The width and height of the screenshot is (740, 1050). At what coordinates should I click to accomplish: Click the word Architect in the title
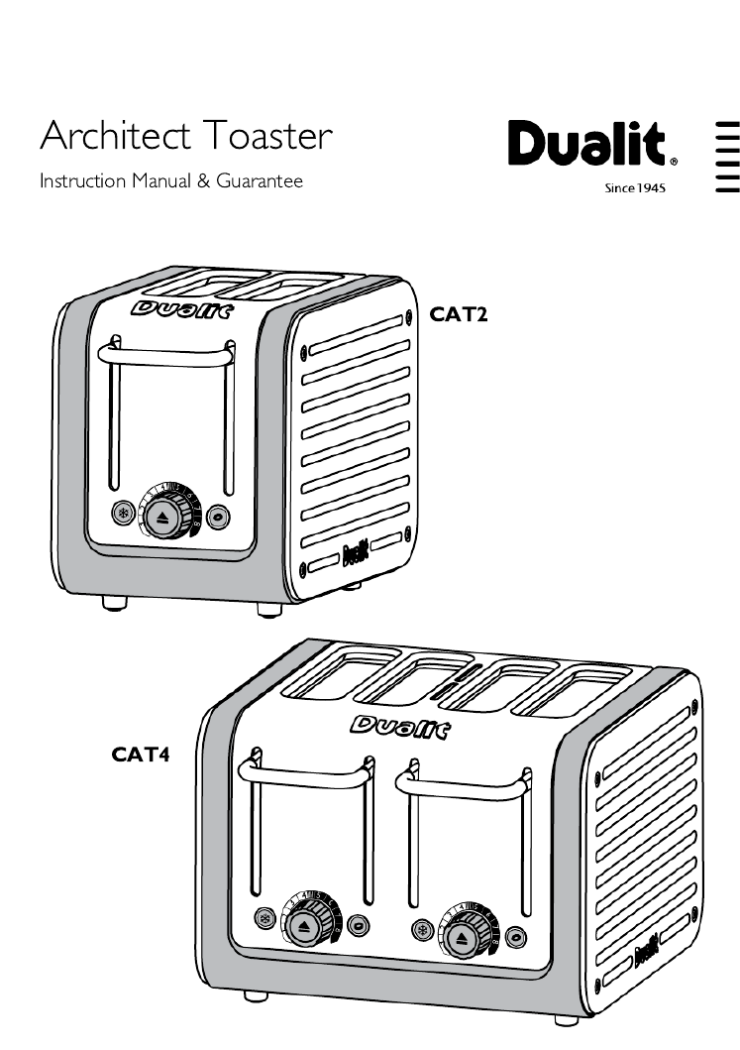[x=113, y=135]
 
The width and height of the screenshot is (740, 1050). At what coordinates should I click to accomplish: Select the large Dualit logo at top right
[x=591, y=146]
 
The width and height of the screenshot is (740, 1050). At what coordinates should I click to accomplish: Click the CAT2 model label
[x=460, y=315]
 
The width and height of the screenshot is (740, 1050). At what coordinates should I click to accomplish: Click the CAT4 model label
[x=141, y=756]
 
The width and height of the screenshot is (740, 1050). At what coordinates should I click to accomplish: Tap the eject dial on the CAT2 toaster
[x=162, y=517]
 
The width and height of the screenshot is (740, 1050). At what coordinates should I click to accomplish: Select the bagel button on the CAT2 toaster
[x=218, y=515]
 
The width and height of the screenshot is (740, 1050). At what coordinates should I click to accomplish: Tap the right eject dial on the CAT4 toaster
[x=461, y=937]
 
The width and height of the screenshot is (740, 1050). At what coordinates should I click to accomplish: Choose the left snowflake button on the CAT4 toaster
[x=264, y=919]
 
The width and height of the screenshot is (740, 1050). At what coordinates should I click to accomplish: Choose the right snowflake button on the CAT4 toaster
[x=422, y=931]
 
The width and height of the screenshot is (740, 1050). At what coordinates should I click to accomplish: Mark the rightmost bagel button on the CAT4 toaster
[x=515, y=937]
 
